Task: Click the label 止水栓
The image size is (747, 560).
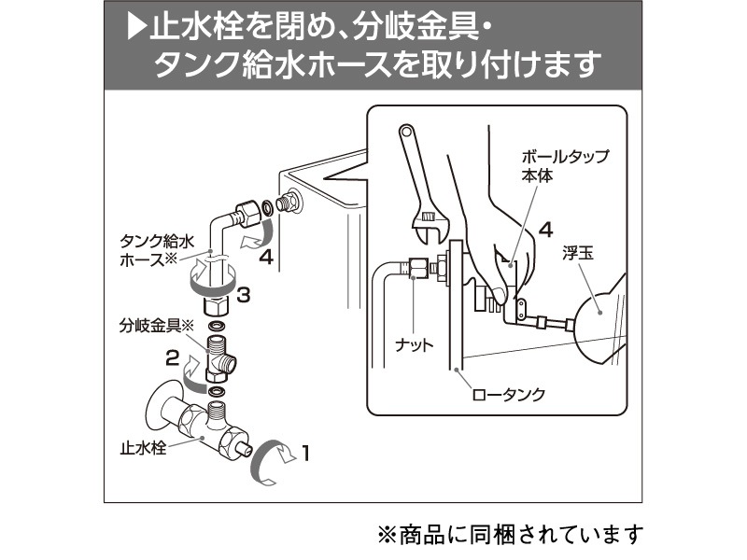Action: click(x=141, y=449)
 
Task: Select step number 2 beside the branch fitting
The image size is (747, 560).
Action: click(x=171, y=356)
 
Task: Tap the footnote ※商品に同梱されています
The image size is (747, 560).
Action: click(x=511, y=534)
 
